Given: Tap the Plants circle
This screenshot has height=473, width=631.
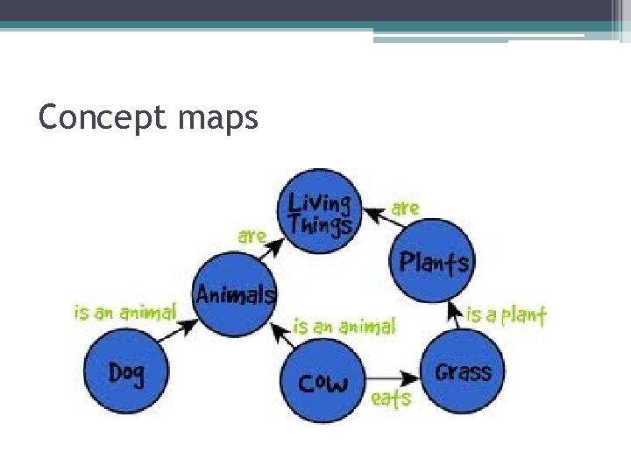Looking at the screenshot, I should [x=432, y=260].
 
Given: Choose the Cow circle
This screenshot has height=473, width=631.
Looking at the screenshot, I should [x=322, y=382].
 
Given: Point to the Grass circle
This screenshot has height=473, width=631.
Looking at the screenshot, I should [x=463, y=371].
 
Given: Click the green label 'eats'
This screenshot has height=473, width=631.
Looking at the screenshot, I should [x=391, y=399].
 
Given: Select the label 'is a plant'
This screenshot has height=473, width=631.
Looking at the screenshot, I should [x=507, y=314].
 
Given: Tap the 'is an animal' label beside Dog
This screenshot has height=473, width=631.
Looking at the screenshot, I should [x=124, y=312].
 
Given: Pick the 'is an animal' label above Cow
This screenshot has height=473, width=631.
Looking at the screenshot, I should [x=344, y=326].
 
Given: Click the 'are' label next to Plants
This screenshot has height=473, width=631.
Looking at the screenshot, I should [x=405, y=208].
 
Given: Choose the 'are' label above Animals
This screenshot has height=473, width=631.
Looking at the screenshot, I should [x=252, y=236].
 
